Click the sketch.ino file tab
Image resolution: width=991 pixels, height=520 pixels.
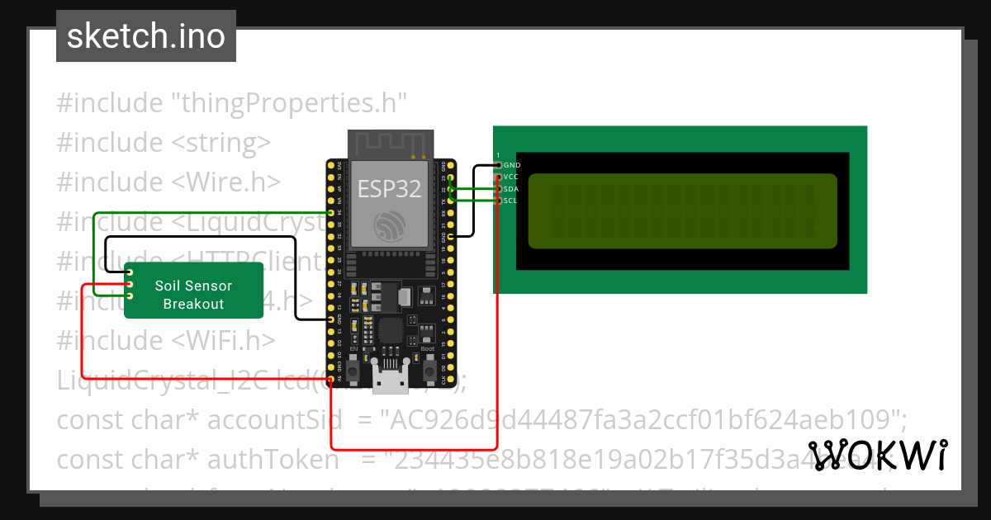tap(146, 36)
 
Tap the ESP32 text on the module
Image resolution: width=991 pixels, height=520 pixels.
tap(389, 189)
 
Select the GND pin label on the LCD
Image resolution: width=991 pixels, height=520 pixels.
tap(512, 165)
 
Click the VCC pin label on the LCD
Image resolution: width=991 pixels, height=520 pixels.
tap(511, 177)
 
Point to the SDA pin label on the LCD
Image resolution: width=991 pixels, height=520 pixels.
tap(511, 189)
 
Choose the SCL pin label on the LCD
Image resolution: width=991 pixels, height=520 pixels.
tap(511, 201)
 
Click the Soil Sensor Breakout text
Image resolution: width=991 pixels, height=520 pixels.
tap(193, 295)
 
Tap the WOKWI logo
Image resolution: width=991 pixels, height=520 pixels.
tap(878, 455)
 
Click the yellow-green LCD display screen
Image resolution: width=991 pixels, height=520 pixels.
tap(682, 211)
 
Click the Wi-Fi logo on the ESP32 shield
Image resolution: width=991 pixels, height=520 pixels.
tap(389, 225)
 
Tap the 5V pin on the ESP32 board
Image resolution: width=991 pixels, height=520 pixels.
tap(330, 380)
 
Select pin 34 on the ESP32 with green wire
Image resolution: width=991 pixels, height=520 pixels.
tap(330, 212)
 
